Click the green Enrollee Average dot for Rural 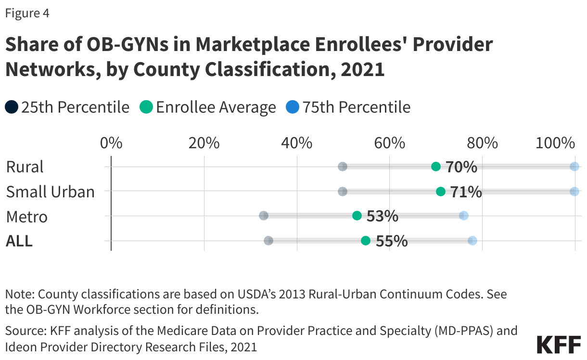[x=436, y=167]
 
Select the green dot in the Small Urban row [x=440, y=192]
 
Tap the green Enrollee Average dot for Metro [x=357, y=216]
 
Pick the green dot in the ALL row [x=366, y=241]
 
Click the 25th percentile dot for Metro [x=264, y=216]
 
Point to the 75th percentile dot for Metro [x=463, y=216]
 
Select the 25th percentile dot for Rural [x=343, y=167]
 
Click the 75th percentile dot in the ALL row [x=472, y=241]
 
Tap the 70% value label [x=461, y=167]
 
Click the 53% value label [x=383, y=216]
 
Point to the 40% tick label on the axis [x=297, y=143]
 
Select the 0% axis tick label [x=111, y=143]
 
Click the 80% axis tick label [x=482, y=143]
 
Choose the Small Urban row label [x=50, y=192]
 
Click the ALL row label [x=19, y=241]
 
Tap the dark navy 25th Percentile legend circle [x=12, y=107]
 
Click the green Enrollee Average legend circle [x=146, y=107]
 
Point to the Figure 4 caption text [x=27, y=13]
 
